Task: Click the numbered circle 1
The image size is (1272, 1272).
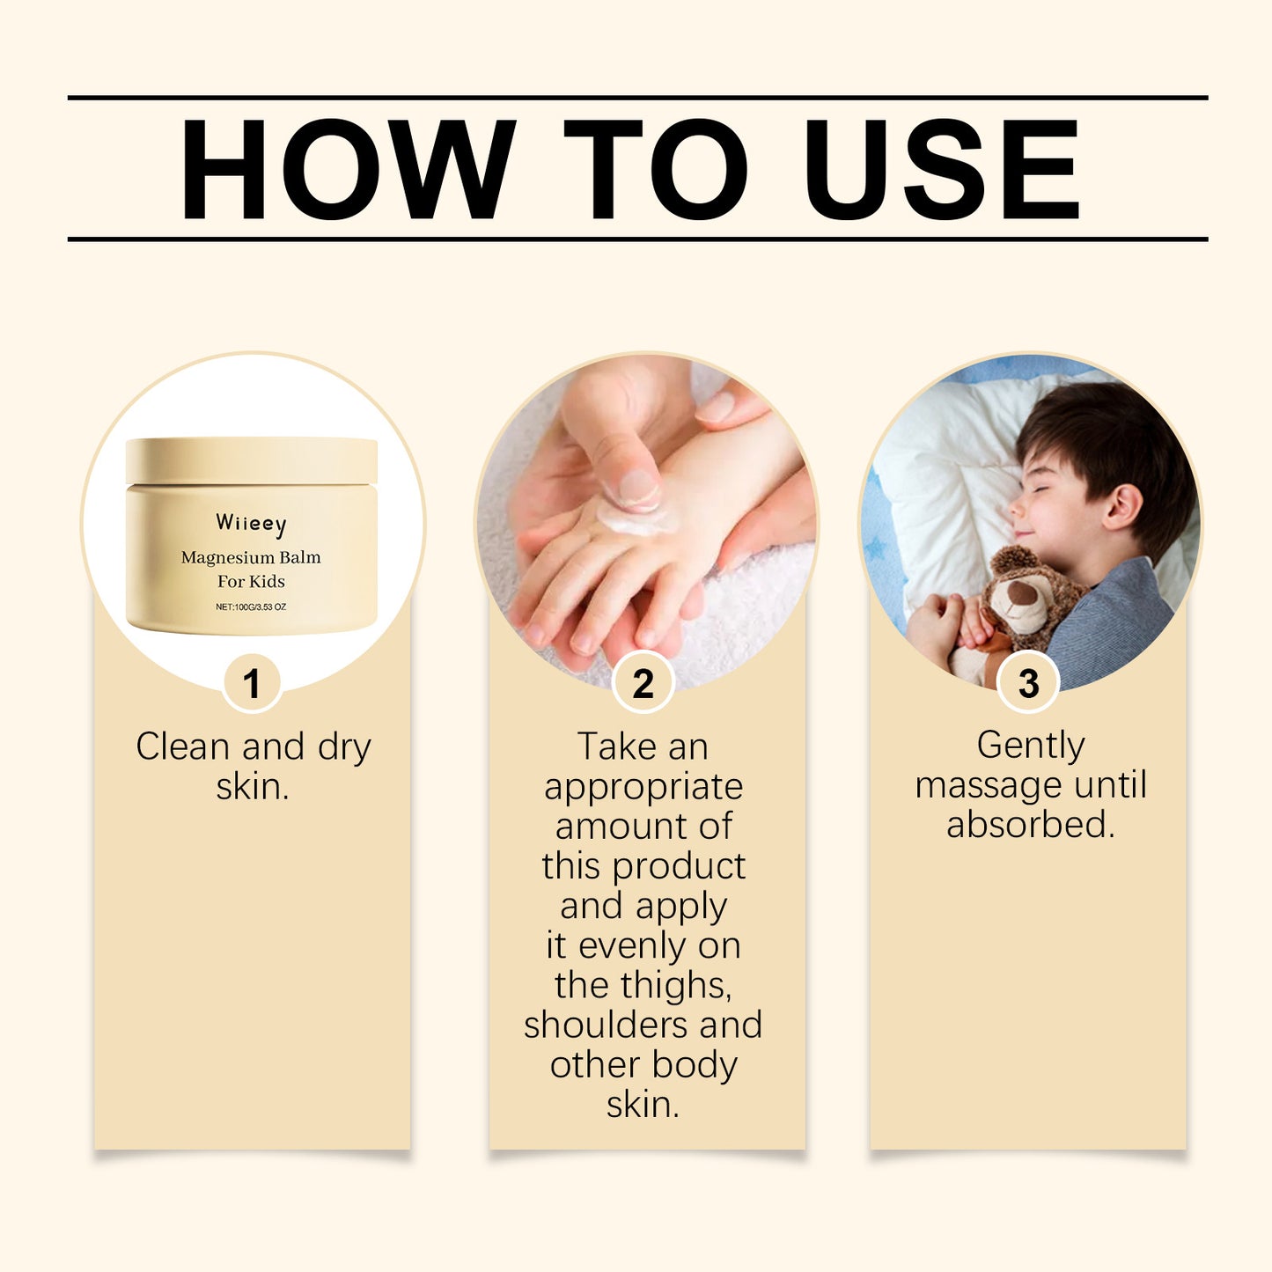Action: [x=252, y=684]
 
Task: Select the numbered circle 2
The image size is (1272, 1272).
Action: [x=643, y=684]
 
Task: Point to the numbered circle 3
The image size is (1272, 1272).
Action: [x=1028, y=684]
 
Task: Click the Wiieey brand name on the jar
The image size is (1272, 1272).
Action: [x=251, y=524]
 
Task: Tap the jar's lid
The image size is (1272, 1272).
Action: [x=251, y=460]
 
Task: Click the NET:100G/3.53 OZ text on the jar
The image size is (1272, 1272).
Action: [x=251, y=607]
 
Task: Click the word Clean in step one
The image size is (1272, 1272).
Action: [x=182, y=746]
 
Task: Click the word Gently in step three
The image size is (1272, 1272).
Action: [x=1030, y=746]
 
